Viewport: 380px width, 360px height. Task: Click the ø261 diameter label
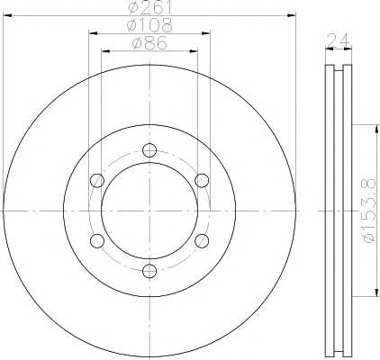click(x=149, y=7)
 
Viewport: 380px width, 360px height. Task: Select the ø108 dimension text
click(x=149, y=26)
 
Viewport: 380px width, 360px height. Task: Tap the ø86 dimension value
click(x=149, y=43)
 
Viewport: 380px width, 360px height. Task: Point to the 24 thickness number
click(x=338, y=40)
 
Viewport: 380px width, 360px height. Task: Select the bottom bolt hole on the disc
click(x=149, y=271)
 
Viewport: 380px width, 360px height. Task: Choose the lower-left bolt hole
click(x=97, y=240)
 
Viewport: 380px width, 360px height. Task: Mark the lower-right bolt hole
click(x=202, y=240)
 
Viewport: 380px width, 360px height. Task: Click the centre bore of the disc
click(x=149, y=211)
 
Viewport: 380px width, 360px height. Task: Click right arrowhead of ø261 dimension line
click(x=292, y=14)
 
